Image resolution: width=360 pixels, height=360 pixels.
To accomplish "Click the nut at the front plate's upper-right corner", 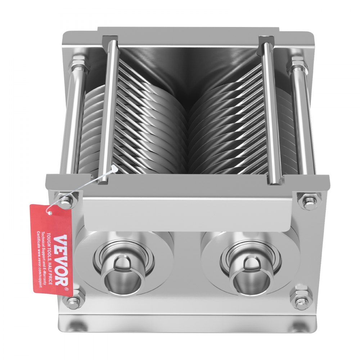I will (309, 199).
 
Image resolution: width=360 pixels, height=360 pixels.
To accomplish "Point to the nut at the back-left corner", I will (78, 65).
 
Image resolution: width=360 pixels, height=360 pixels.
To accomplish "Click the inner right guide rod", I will (272, 108).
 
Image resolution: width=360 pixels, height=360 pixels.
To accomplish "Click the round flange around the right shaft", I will (288, 248).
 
